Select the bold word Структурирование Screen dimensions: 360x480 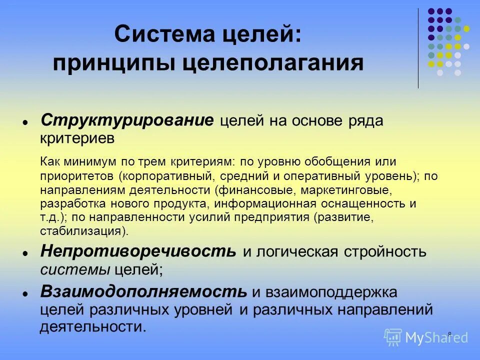click(127, 120)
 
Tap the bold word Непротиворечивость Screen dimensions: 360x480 click(138, 250)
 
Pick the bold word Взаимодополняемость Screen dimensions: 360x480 click(144, 291)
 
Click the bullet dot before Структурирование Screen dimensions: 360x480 click(24, 122)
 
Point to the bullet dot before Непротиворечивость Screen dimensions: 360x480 click(24, 252)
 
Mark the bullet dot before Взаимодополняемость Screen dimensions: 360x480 click(24, 293)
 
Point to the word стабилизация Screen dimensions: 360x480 click(82, 231)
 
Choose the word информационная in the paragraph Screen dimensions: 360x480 click(259, 204)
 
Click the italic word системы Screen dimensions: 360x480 click(75, 269)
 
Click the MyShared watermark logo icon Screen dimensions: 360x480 click(393, 336)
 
